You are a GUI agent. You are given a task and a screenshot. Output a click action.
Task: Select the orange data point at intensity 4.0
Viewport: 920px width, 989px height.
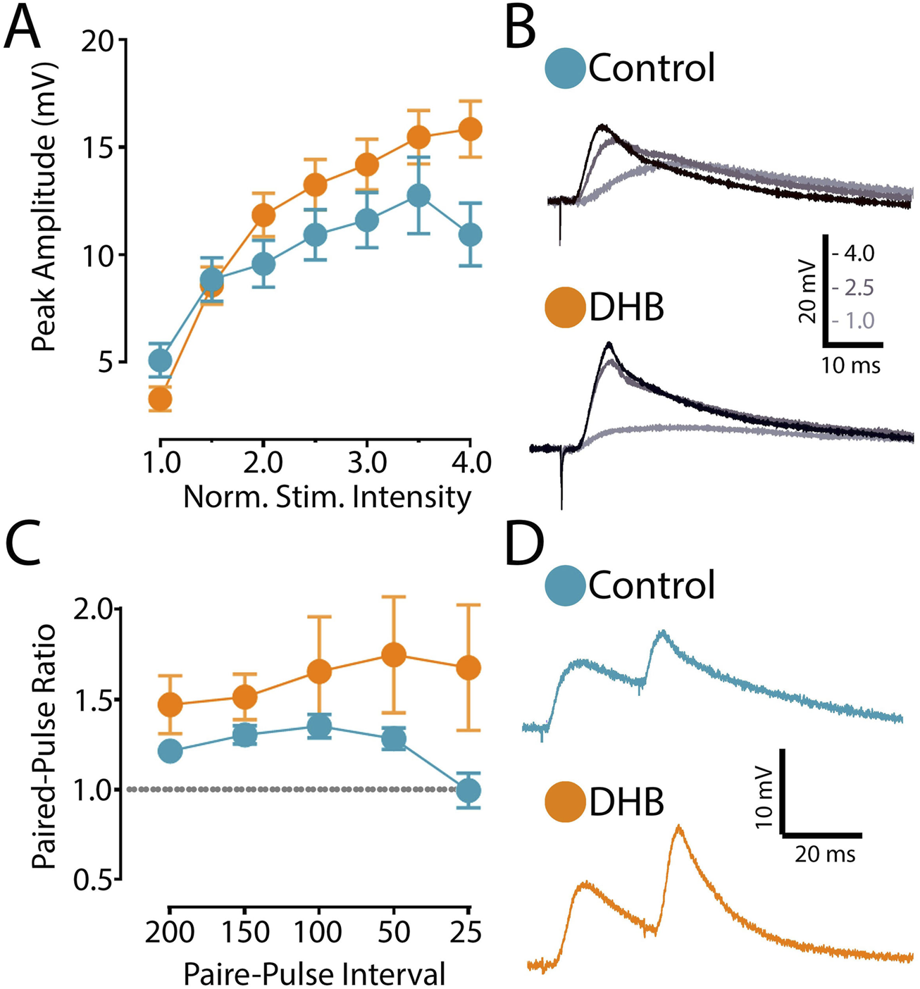[470, 130]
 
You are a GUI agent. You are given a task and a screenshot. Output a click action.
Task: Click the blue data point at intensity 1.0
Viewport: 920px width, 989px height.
[160, 361]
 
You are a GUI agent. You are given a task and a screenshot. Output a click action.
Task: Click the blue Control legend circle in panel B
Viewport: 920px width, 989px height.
[565, 68]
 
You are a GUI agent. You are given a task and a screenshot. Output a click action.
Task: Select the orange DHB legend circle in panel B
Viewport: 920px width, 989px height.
[565, 309]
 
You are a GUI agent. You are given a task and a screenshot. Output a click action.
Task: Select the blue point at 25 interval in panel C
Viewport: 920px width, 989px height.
[468, 790]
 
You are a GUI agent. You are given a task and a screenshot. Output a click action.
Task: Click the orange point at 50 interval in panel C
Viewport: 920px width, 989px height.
[394, 654]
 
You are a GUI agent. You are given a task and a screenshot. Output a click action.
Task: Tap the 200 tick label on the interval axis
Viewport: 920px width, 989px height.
[170, 932]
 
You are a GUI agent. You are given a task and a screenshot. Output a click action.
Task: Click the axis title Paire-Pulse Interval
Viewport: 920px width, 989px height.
[314, 974]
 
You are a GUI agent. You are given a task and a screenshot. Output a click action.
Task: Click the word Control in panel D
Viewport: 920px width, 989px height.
[652, 585]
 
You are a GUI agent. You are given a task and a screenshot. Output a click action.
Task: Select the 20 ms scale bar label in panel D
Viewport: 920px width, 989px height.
[825, 854]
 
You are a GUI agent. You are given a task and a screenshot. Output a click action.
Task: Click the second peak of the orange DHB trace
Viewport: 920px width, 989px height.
[678, 826]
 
